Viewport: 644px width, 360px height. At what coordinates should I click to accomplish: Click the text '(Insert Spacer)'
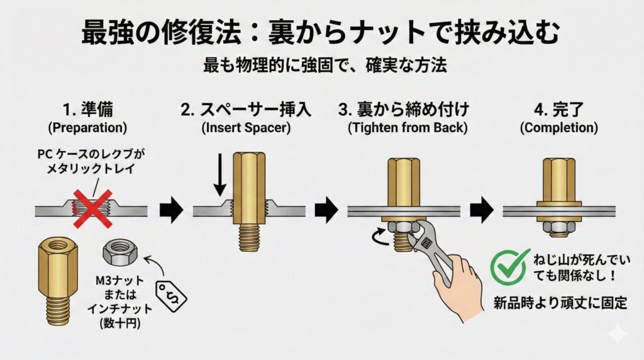point(245,128)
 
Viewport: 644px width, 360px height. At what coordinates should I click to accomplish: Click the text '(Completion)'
point(558,128)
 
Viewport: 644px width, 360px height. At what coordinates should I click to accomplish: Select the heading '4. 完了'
point(558,110)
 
